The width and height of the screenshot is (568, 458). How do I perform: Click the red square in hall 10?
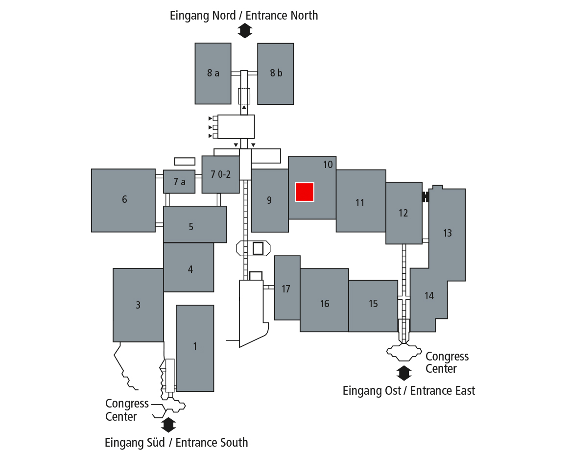pyautogui.click(x=304, y=192)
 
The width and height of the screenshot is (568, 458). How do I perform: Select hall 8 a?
pyautogui.click(x=213, y=73)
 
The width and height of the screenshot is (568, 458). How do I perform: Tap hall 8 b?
pyautogui.click(x=276, y=73)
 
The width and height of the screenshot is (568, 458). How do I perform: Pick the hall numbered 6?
pyautogui.click(x=124, y=200)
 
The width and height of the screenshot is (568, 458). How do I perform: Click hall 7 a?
pyautogui.click(x=179, y=182)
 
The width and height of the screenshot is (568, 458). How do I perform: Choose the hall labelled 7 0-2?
pyautogui.click(x=220, y=174)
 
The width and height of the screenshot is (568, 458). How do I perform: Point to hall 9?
pyautogui.click(x=269, y=200)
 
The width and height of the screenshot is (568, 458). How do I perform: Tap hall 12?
pyautogui.click(x=403, y=213)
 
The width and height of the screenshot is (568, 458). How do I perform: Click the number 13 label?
pyautogui.click(x=448, y=233)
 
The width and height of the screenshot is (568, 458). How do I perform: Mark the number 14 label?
pyautogui.click(x=429, y=296)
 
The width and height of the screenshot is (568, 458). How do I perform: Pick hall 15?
pyautogui.click(x=373, y=305)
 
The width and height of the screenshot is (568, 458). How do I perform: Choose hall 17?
pyautogui.click(x=286, y=289)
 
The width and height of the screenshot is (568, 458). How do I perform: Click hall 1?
pyautogui.click(x=195, y=347)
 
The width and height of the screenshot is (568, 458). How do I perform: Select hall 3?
pyautogui.click(x=138, y=305)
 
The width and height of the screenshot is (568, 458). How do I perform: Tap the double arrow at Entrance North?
pyautogui.click(x=244, y=32)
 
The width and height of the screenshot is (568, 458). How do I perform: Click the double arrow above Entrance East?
pyautogui.click(x=404, y=373)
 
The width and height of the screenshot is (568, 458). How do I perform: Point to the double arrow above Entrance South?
pyautogui.click(x=168, y=425)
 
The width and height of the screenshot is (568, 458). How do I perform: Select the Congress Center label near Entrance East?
pyautogui.click(x=447, y=362)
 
